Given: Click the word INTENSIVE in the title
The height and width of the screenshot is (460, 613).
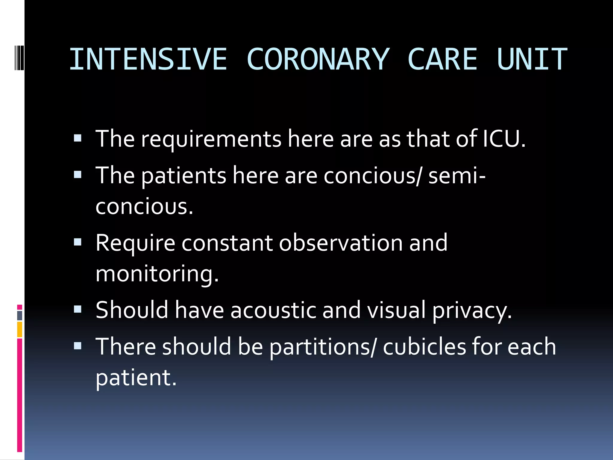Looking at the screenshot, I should (x=148, y=59).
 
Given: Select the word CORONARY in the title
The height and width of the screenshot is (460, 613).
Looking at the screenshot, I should (x=318, y=59).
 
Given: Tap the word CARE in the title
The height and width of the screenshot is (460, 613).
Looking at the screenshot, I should (x=442, y=59).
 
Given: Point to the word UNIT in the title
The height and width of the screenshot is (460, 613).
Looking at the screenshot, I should (x=532, y=59).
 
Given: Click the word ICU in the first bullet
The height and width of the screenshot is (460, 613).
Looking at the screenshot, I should (x=504, y=139).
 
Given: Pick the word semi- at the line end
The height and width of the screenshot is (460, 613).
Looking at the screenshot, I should (x=457, y=176).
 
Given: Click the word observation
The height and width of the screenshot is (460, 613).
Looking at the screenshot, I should (x=341, y=243).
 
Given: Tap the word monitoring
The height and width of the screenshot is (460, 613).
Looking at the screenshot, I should (x=157, y=274).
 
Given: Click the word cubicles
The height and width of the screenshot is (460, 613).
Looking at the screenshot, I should (x=424, y=346).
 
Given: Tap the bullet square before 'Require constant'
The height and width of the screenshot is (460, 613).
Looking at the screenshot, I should (x=78, y=242).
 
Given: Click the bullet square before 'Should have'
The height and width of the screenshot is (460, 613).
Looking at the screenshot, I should (x=78, y=309).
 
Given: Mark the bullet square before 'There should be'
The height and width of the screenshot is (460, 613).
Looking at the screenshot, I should (x=78, y=346).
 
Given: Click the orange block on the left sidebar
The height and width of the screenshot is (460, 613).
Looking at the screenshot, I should (x=20, y=329).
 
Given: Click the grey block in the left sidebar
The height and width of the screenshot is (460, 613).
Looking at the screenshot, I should (x=20, y=316).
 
